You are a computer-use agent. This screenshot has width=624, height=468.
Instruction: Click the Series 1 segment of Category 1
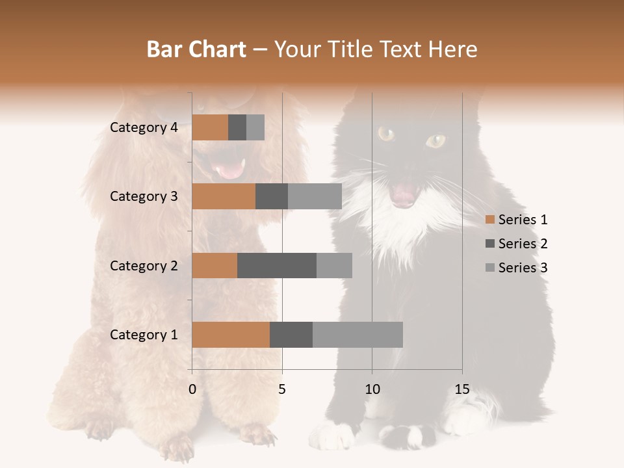231,334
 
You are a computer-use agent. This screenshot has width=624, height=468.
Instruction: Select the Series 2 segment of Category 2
277,265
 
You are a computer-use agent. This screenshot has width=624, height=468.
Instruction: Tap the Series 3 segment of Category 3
315,196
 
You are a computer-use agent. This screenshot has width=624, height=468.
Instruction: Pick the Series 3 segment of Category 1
357,334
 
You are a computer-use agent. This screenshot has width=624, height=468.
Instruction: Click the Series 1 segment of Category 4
210,127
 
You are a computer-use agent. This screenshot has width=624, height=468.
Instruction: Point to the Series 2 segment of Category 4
237,127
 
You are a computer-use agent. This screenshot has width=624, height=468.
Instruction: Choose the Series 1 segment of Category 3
224,196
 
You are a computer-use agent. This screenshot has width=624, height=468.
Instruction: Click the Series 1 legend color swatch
489,220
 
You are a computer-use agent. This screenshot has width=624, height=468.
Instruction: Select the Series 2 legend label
523,244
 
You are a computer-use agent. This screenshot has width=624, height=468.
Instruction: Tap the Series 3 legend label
523,268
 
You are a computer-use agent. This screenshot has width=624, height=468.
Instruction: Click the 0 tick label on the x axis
192,390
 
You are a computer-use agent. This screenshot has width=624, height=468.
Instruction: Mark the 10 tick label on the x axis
372,390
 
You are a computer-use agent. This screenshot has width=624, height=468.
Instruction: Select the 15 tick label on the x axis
462,390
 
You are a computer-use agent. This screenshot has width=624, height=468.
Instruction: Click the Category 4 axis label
144,127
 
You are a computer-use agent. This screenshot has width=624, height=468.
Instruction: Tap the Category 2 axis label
144,265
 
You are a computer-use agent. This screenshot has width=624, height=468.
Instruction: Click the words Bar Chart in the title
196,49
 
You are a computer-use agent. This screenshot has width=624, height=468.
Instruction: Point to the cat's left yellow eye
386,134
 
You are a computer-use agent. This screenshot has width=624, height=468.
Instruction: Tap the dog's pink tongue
229,171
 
